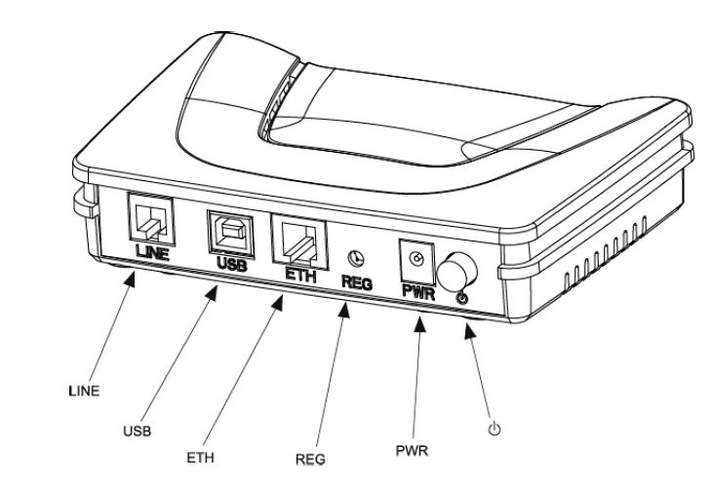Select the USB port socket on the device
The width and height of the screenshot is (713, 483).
pos(227,231)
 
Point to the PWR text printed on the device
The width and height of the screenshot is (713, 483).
pos(416,288)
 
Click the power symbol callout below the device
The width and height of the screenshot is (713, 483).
pos(494,427)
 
